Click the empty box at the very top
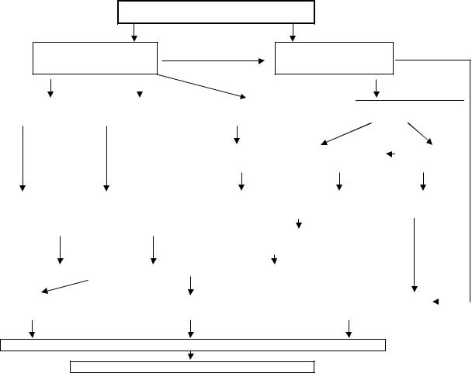pyautogui.click(x=216, y=12)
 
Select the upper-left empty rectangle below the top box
pyautogui.click(x=95, y=57)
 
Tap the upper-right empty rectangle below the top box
pyautogui.click(x=335, y=57)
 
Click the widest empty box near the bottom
pyautogui.click(x=193, y=345)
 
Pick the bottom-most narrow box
pyautogui.click(x=193, y=365)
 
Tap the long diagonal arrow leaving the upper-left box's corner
pyautogui.click(x=202, y=85)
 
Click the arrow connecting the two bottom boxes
pyautogui.click(x=191, y=355)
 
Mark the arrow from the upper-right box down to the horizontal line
pyautogui.click(x=377, y=88)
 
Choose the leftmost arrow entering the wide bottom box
pyautogui.click(x=32, y=328)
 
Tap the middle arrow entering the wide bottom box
pyautogui.click(x=190, y=328)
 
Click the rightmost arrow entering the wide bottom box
pyautogui.click(x=349, y=328)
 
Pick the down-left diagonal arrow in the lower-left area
pyautogui.click(x=64, y=286)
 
